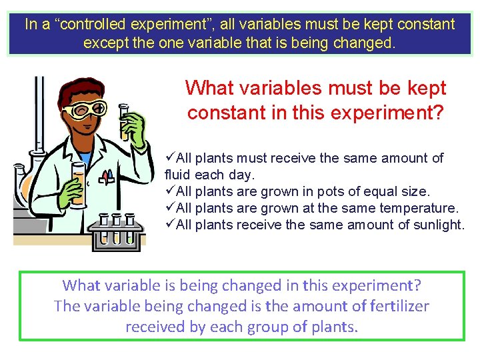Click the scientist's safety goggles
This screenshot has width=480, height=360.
click(85, 109)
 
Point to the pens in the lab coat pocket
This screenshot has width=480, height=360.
click(106, 176)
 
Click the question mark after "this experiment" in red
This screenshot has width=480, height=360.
click(438, 113)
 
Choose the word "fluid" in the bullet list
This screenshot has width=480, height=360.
click(179, 175)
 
